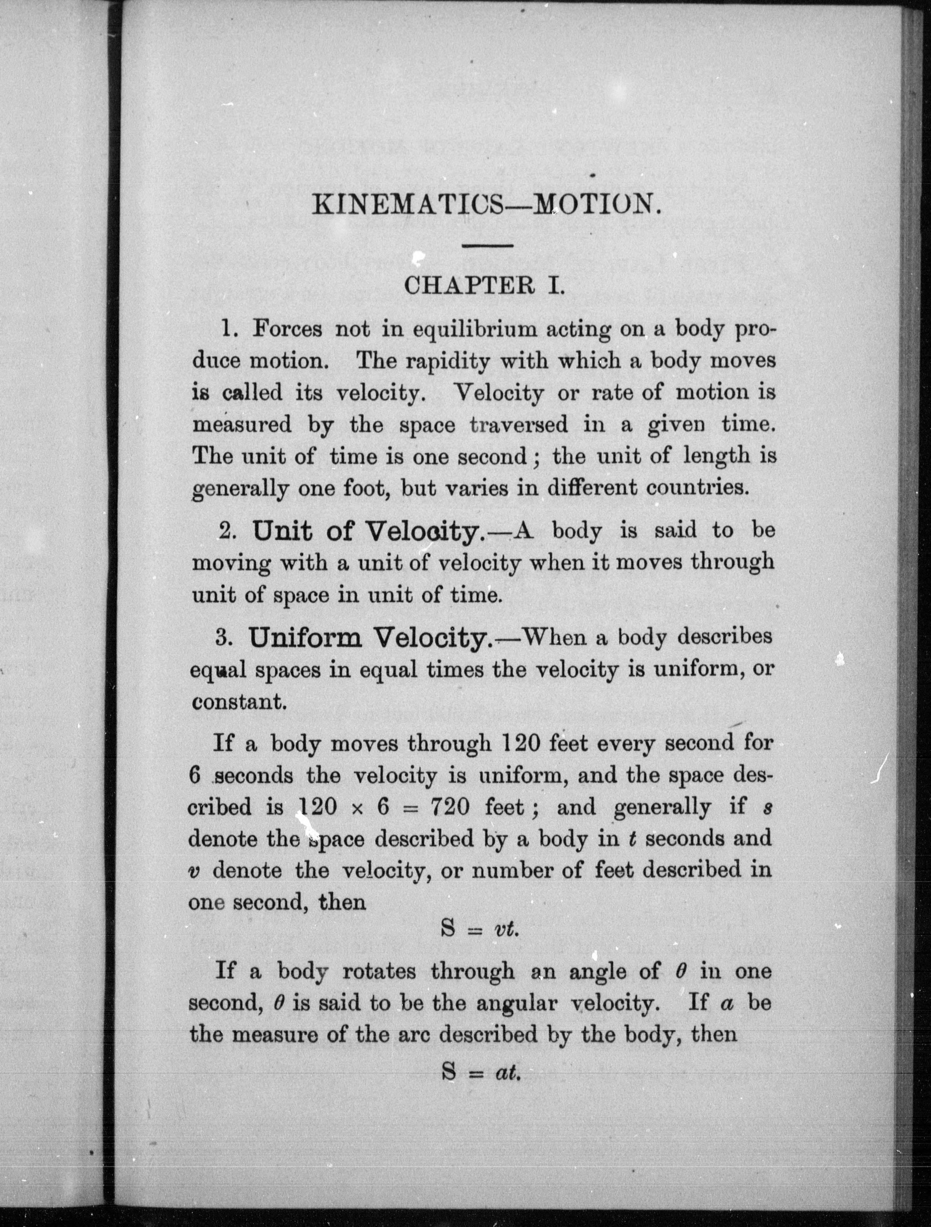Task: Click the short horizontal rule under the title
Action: click(x=488, y=245)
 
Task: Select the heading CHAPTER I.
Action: click(x=484, y=286)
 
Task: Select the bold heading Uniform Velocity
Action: click(x=370, y=638)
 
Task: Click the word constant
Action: click(x=238, y=702)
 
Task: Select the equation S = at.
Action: click(x=481, y=1073)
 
